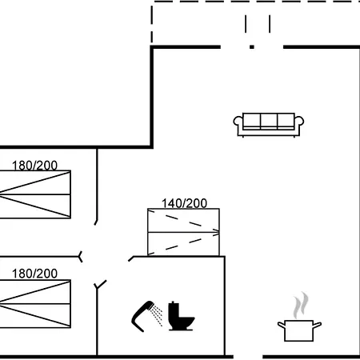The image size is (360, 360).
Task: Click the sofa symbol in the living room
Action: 269,125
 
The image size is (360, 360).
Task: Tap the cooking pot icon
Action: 299,330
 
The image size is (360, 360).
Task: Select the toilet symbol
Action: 182,317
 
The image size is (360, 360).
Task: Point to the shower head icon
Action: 142,316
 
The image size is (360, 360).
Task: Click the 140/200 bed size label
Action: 184,203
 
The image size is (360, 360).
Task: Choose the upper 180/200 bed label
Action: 34,166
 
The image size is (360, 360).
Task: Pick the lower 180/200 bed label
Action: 34,274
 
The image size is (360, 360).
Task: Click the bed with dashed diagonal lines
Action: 183,232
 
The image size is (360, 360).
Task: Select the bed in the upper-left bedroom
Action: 35,194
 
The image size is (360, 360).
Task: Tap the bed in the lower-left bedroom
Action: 35,304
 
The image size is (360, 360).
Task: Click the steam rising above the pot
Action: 301,306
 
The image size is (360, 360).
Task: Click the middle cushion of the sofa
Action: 269,121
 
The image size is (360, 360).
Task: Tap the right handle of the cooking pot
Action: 317,325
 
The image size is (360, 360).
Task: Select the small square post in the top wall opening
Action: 252,47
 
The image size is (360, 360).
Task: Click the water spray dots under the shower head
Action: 157,316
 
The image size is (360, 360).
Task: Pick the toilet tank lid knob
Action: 173,302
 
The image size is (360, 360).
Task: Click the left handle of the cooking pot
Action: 282,325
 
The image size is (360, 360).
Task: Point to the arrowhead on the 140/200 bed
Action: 217,232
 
